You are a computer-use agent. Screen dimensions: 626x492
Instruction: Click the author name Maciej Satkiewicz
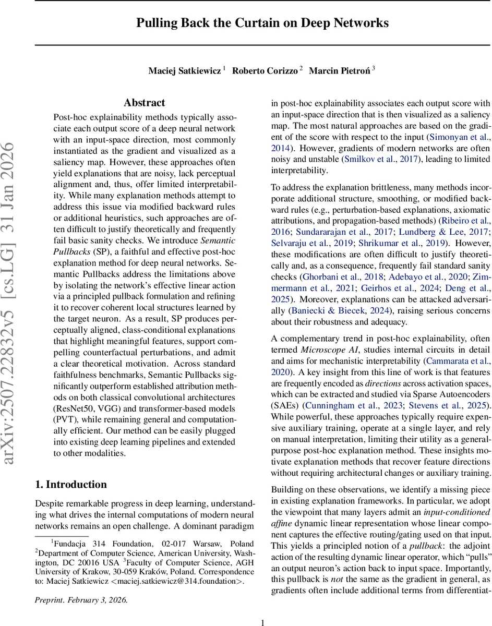[x=185, y=70]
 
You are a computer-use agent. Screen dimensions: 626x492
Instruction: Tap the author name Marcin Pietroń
[x=340, y=70]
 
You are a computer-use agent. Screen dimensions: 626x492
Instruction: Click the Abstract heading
[x=145, y=103]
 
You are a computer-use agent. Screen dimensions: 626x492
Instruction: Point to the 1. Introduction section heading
[x=71, y=484]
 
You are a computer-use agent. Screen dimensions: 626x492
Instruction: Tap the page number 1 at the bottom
[x=262, y=618]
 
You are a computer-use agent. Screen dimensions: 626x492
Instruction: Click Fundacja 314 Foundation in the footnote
[x=96, y=544]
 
